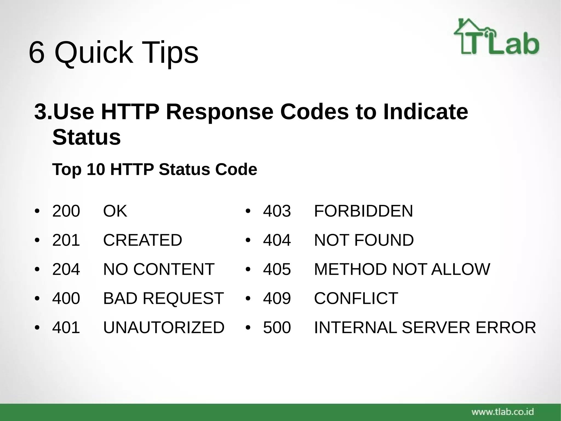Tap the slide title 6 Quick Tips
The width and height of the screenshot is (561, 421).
113,52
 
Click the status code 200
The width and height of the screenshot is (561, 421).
66,211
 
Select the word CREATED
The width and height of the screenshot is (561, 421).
142,240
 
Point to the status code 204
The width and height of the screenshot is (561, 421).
66,269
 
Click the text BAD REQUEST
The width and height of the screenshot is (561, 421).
163,298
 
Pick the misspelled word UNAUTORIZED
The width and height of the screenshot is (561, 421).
164,327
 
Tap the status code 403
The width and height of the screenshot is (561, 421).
277,211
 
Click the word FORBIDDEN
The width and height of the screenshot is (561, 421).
363,211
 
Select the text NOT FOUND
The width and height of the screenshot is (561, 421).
364,240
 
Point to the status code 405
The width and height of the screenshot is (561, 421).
277,269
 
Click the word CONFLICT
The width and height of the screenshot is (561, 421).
356,298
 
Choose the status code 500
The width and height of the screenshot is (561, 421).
277,327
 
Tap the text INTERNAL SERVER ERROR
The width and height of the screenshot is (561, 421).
425,327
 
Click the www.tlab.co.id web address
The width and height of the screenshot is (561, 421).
503,412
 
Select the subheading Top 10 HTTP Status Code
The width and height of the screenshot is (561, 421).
154,169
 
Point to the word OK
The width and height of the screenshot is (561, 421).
115,211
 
